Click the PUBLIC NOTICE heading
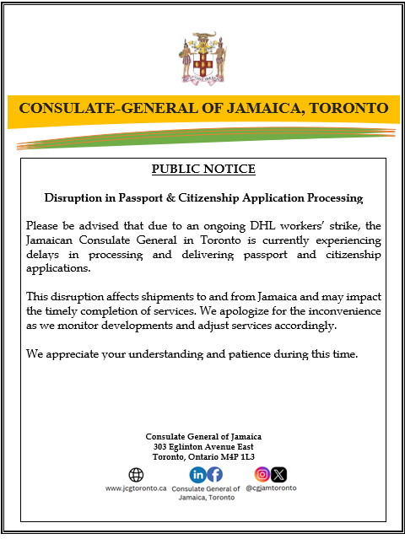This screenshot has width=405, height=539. coord(203,170)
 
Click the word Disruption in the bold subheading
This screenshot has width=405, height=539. coord(73,198)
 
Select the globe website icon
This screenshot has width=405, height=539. coord(135,475)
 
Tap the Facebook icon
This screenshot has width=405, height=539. coord(215,475)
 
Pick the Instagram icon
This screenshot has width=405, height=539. coord(262,474)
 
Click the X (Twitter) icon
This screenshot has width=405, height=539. coord(279,474)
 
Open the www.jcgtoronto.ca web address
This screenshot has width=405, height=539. coord(135,488)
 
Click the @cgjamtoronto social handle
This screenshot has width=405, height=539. coord(271,488)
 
